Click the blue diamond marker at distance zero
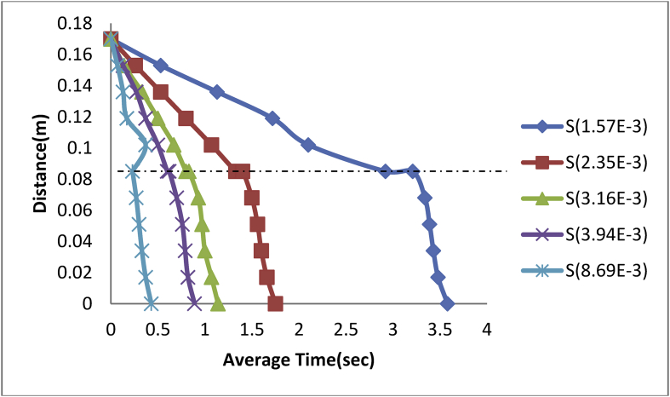[x=448, y=304]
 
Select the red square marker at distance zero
[x=275, y=304]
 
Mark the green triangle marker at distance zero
[x=217, y=304]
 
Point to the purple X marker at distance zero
[x=194, y=304]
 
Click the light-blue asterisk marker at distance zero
[x=151, y=304]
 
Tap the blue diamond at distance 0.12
[x=272, y=118]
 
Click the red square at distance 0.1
[x=211, y=145]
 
